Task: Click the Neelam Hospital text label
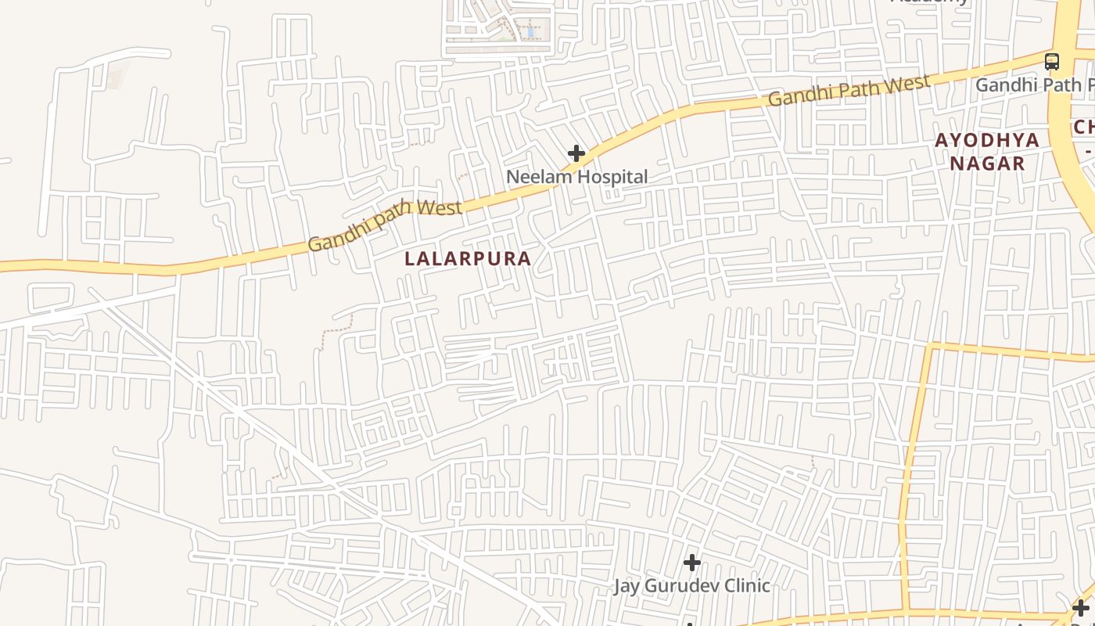577,177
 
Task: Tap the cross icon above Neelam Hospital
576,153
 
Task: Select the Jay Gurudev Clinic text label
691,585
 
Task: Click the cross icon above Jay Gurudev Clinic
691,563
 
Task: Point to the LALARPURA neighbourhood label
468,259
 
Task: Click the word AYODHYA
988,141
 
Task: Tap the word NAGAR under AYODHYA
988,164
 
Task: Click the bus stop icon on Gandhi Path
1052,62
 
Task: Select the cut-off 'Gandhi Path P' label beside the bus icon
1034,85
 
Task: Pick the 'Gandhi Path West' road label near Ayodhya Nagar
849,90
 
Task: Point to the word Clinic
744,585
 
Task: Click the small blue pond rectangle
531,32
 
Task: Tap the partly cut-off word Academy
931,2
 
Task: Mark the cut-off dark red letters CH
1084,127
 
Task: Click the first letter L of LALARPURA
410,259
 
